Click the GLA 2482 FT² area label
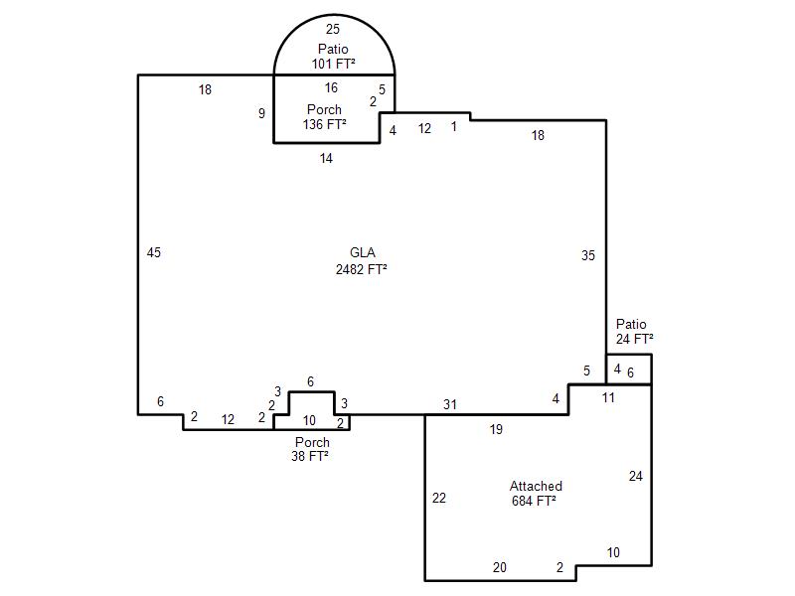click(362, 261)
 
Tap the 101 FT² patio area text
click(333, 64)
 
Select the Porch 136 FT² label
click(325, 117)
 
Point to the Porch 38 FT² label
click(310, 449)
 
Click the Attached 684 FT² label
click(536, 494)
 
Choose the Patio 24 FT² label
click(634, 332)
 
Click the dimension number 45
click(154, 252)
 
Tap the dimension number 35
click(588, 255)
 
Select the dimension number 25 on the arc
click(333, 30)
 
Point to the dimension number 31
click(450, 404)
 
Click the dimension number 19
click(496, 429)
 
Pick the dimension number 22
click(439, 499)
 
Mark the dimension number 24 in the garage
click(636, 476)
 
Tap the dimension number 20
click(500, 567)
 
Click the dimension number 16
click(331, 87)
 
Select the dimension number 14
click(326, 158)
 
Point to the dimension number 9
click(261, 113)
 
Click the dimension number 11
click(608, 397)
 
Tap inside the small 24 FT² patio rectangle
click(629, 370)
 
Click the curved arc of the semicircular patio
click(334, 15)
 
